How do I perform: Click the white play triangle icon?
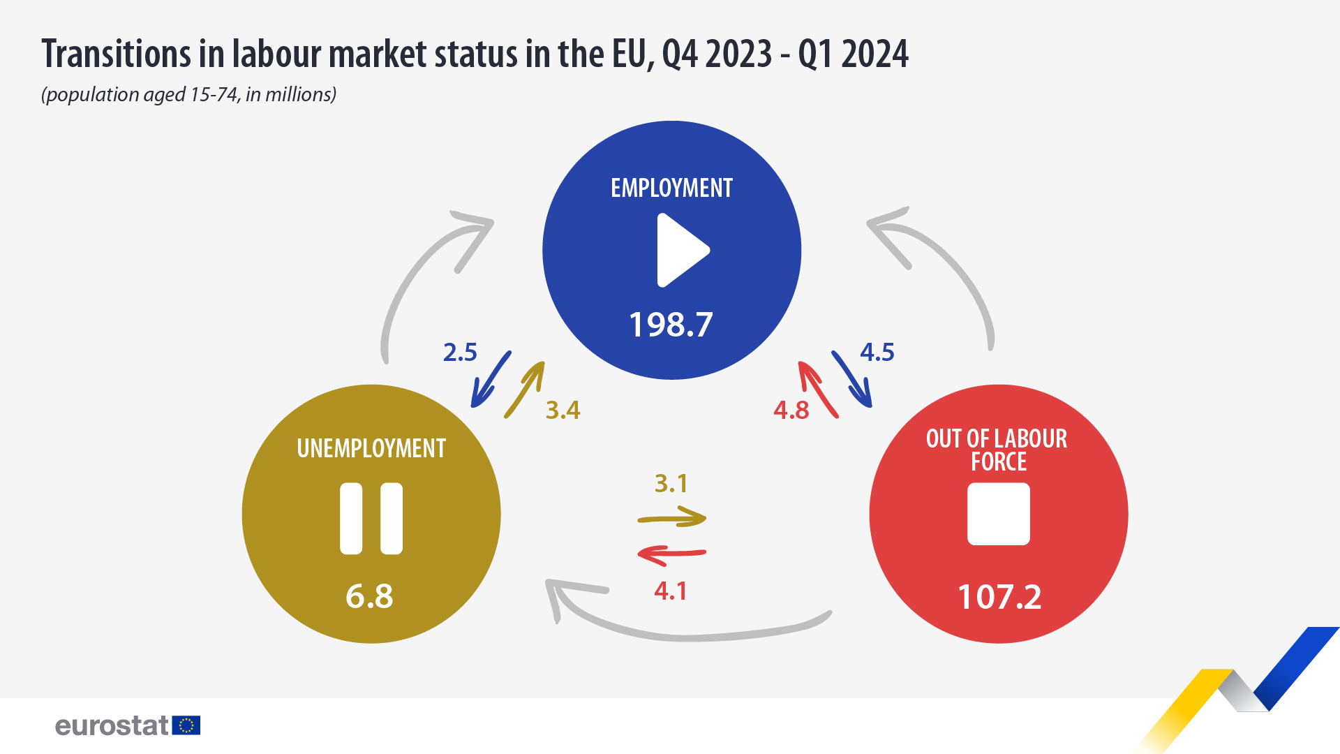tap(680, 250)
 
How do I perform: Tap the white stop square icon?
tap(998, 514)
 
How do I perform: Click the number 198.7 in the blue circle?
tap(671, 325)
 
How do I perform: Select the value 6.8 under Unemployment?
tap(370, 596)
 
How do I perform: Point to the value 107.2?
tap(999, 597)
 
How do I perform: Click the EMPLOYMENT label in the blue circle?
tap(671, 188)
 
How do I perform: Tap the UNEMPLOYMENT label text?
tap(371, 448)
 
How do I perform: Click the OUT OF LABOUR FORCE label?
tap(997, 450)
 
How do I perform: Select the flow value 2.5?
tap(460, 353)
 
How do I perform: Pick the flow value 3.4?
tap(563, 411)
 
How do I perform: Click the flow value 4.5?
tap(877, 353)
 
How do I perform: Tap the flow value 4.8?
tap(791, 411)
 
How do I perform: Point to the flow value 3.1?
tap(671, 483)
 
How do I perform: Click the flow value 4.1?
tap(671, 591)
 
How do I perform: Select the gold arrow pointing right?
tap(672, 518)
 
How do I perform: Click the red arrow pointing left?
tap(672, 554)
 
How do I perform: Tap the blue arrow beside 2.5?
tap(491, 379)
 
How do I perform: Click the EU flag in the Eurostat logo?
tap(186, 725)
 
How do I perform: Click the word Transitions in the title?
tap(115, 54)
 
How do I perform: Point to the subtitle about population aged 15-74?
tap(189, 94)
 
